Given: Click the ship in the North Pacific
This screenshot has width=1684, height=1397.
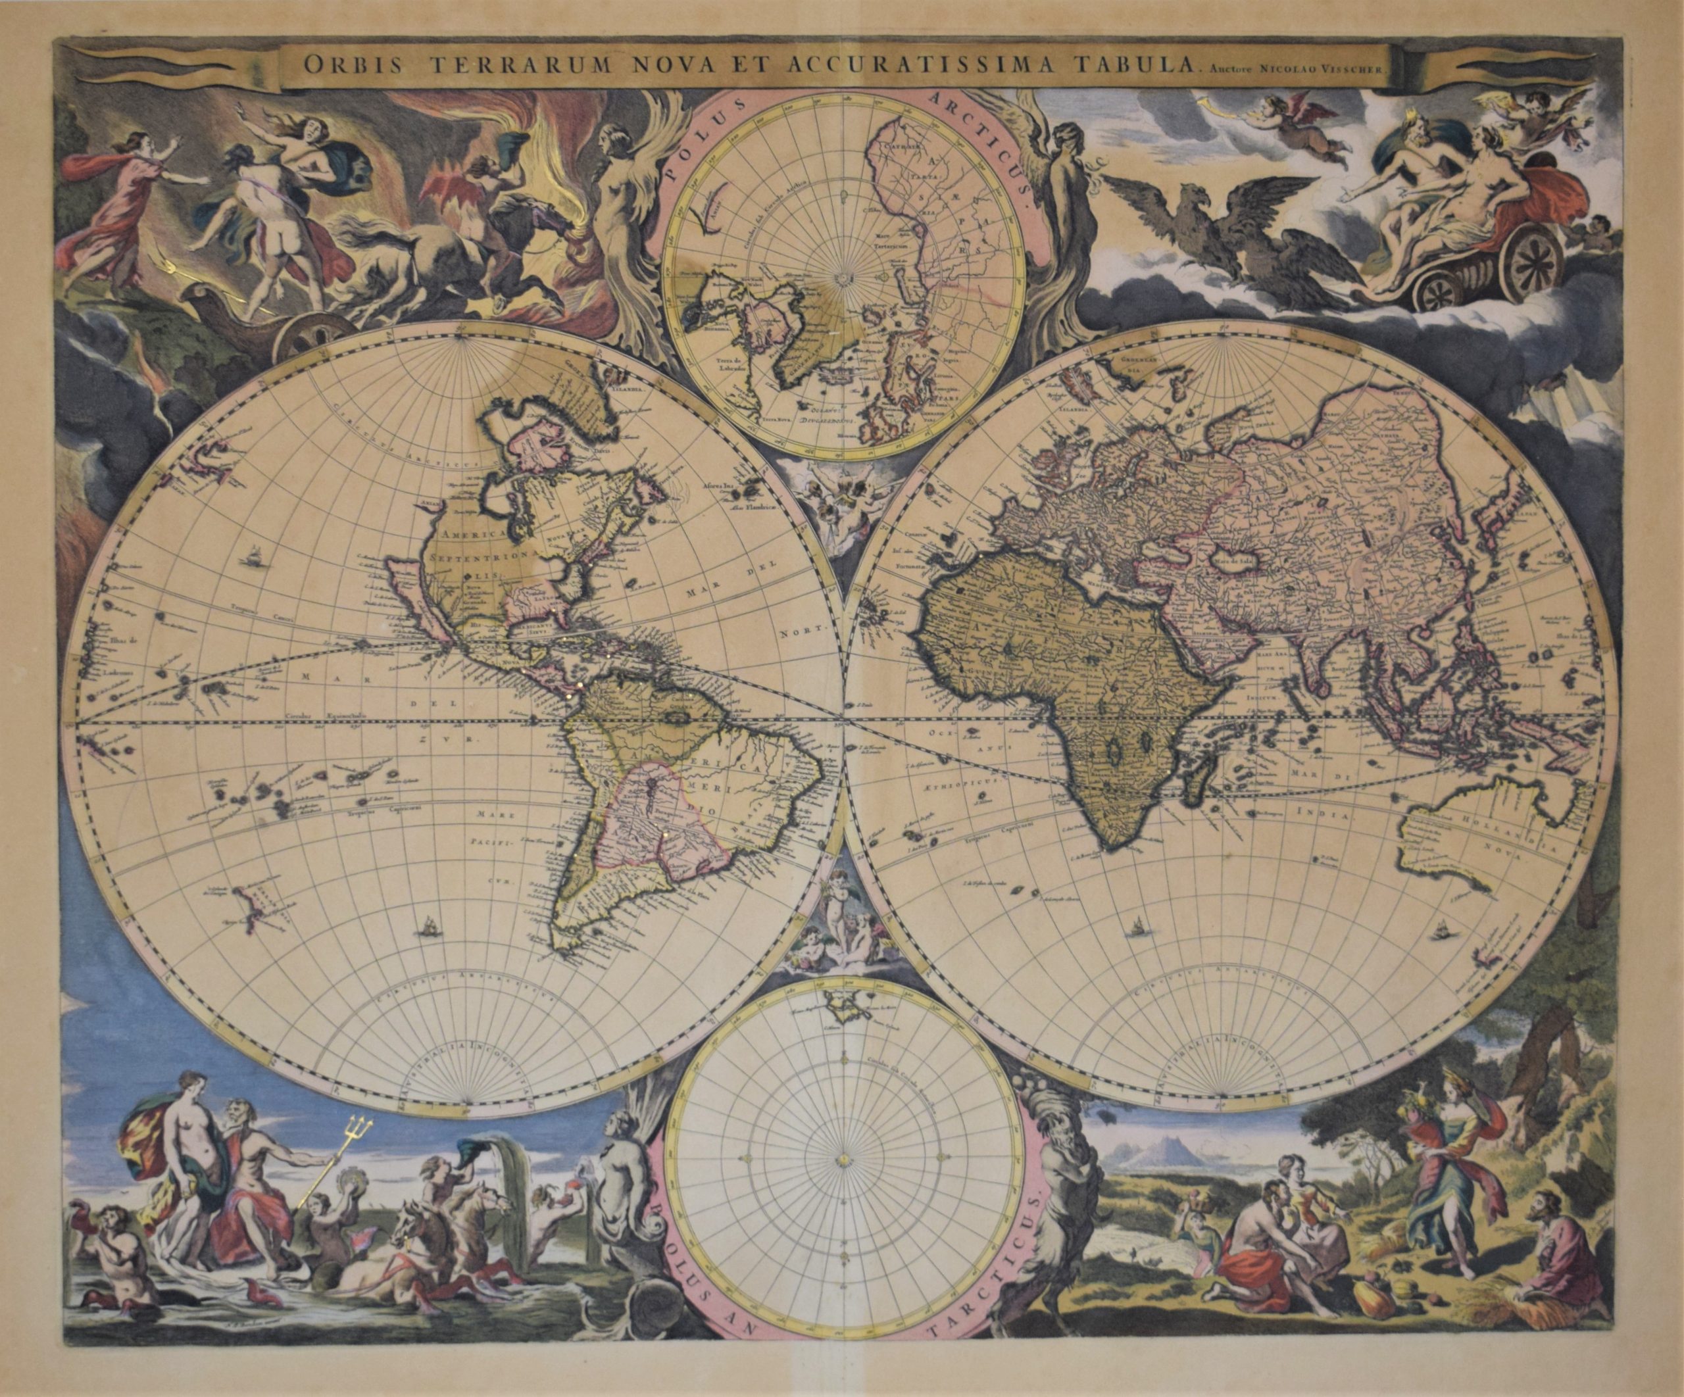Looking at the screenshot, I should [x=255, y=553].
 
